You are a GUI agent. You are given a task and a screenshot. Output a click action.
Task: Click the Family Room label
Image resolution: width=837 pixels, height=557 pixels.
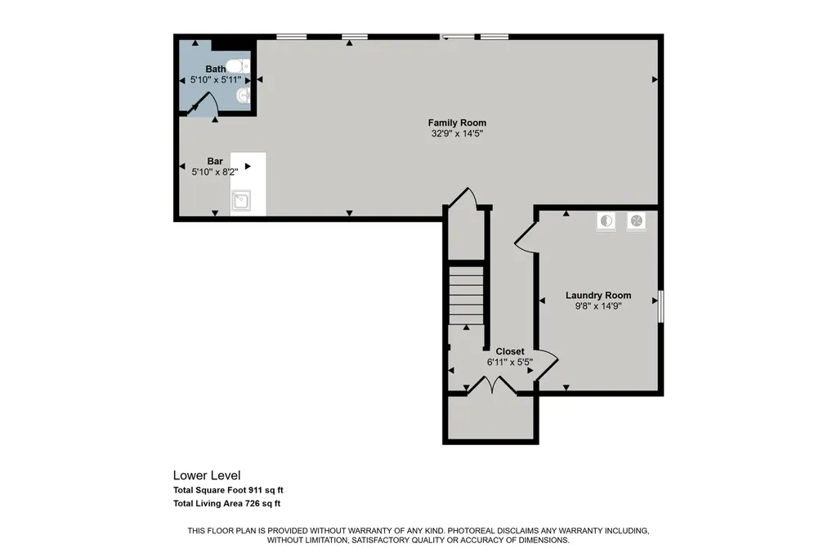pyautogui.click(x=457, y=123)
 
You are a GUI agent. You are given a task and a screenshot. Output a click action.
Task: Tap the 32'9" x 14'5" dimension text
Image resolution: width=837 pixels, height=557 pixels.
pyautogui.click(x=457, y=133)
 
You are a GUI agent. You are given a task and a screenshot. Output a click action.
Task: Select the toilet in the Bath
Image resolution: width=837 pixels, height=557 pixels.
pyautogui.click(x=238, y=66)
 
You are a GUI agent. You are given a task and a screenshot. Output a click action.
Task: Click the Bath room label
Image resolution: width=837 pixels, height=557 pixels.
pyautogui.click(x=216, y=69)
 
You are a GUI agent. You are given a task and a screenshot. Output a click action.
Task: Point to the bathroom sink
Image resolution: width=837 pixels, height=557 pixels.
pyautogui.click(x=243, y=96)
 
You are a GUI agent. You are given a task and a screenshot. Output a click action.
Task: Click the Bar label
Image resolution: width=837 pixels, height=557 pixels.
pyautogui.click(x=215, y=161)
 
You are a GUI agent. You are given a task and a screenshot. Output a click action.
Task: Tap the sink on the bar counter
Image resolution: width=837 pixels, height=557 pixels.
pyautogui.click(x=241, y=201)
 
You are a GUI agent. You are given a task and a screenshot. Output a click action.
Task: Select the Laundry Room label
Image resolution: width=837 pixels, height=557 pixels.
pyautogui.click(x=598, y=295)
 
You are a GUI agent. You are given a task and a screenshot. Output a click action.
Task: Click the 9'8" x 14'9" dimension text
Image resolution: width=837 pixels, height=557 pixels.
pyautogui.click(x=598, y=306)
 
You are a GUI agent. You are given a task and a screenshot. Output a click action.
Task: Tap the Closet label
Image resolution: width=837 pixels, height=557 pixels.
pyautogui.click(x=510, y=351)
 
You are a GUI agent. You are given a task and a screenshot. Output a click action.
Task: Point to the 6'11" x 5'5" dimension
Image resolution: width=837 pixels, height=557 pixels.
pyautogui.click(x=510, y=362)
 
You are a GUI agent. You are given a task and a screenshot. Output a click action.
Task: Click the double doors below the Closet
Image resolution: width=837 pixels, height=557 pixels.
pyautogui.click(x=492, y=385)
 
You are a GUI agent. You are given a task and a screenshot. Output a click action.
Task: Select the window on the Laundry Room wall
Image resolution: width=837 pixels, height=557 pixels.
pyautogui.click(x=660, y=306)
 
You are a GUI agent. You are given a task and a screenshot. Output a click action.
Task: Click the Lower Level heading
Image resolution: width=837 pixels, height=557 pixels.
pyautogui.click(x=207, y=475)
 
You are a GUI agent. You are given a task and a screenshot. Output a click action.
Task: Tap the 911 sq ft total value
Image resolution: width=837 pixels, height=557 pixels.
pyautogui.click(x=266, y=490)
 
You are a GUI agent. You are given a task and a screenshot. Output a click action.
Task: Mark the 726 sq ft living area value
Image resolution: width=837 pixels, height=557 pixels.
pyautogui.click(x=262, y=503)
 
